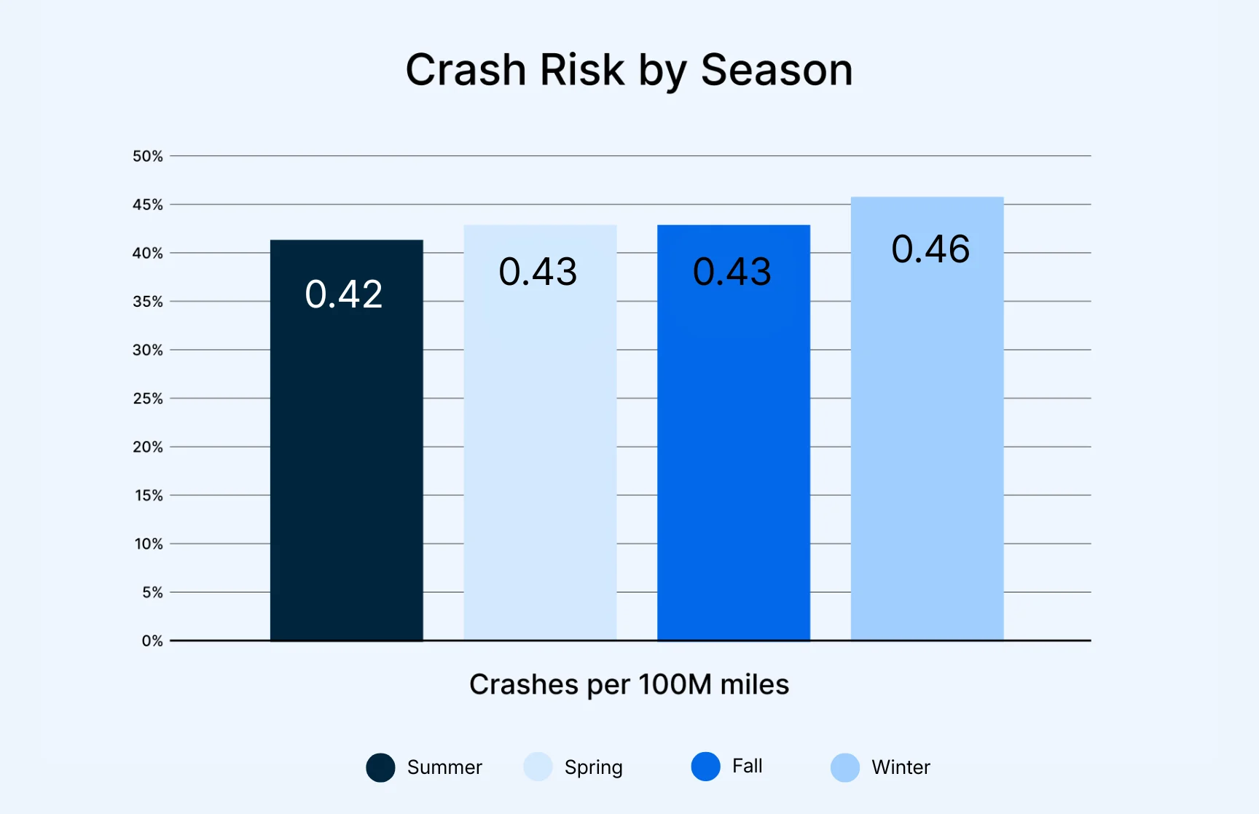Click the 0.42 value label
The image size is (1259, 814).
coord(344,294)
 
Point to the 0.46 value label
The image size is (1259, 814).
coord(930,249)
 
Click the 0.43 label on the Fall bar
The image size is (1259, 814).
coord(732,272)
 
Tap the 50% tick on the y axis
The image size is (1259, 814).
coord(148,156)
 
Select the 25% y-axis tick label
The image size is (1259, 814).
coord(148,399)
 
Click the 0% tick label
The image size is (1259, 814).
coord(152,641)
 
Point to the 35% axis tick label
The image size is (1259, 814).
coord(148,302)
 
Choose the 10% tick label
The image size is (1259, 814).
coord(149,544)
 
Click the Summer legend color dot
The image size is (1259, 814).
coord(380,767)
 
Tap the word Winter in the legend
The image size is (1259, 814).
coord(901,767)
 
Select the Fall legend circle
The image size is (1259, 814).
coord(705,767)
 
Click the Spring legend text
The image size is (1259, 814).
coord(593,767)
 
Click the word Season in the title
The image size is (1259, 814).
coord(776,71)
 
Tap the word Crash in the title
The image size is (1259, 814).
coord(466,71)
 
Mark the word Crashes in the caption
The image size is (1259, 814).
coord(525,685)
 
